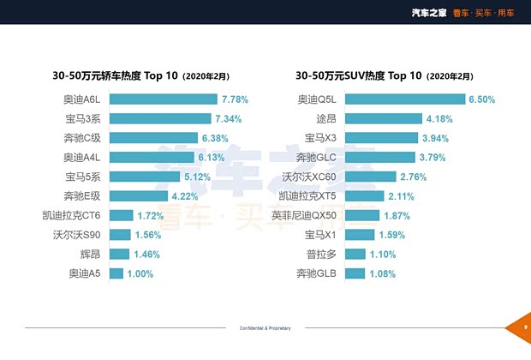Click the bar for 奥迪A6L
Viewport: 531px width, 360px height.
click(163, 99)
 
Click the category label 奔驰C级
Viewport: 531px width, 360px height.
click(82, 138)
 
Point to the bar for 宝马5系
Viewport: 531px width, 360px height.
click(144, 177)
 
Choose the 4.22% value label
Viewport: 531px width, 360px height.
click(196, 196)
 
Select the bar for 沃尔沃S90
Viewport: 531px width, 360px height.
click(120, 235)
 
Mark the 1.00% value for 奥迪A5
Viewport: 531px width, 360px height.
click(140, 273)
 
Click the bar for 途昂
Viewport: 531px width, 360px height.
click(385, 118)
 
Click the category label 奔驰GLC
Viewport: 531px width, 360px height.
click(317, 157)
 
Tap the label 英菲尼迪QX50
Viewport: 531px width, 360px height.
click(306, 215)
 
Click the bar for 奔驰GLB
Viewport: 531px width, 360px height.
click(355, 273)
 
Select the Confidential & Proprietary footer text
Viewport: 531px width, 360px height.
click(265, 328)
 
